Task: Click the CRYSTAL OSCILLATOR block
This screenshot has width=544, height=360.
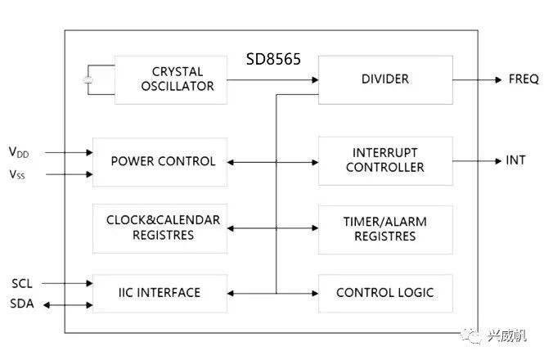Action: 171,79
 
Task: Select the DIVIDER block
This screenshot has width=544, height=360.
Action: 384,79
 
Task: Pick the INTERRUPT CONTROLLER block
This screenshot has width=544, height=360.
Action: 384,161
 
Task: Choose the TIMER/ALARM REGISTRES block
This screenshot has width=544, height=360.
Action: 384,228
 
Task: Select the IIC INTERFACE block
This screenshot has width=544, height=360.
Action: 160,292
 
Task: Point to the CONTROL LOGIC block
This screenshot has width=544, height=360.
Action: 384,292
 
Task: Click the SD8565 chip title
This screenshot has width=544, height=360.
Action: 273,60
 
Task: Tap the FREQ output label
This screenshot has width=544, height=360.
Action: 523,79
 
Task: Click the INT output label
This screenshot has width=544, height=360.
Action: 515,160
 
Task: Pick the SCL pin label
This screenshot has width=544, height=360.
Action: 22,283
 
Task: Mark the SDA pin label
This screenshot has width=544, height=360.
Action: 22,304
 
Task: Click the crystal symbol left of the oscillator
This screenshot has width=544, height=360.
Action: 88,80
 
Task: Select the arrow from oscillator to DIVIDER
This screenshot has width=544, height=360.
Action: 272,79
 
